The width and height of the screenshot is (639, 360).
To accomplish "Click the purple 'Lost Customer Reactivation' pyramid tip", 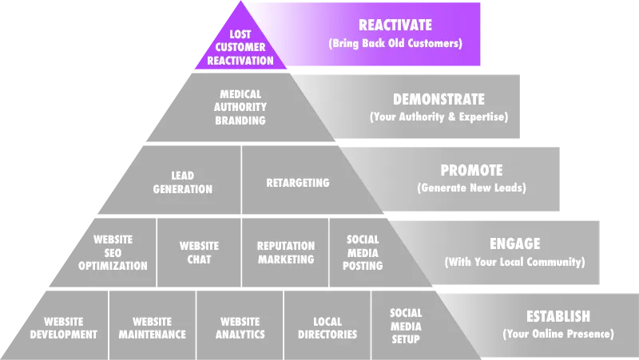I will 240,47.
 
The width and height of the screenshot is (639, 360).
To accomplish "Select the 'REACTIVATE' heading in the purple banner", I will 395,26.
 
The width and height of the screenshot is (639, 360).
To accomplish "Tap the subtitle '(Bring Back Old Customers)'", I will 395,43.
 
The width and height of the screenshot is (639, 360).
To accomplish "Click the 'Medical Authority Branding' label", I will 240,108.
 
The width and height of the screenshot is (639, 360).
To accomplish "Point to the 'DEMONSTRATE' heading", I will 439,100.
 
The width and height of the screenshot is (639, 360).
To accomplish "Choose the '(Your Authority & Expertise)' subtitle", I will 439,117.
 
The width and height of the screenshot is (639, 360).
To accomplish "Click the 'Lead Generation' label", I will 183,183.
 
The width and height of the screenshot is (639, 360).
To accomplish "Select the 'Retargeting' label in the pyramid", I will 297,183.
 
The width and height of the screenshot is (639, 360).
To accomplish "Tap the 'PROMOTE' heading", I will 471,171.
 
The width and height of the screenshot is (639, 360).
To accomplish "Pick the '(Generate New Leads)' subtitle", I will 471,188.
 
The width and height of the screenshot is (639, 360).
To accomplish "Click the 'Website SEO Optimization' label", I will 113,252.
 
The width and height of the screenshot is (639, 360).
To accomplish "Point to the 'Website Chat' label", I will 199,252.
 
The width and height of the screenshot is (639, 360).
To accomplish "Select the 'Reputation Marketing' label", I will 286,252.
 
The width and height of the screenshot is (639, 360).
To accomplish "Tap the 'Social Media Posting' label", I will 363,252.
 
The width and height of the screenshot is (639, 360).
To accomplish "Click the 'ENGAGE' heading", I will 514,244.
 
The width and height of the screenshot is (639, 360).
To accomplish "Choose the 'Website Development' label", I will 64,328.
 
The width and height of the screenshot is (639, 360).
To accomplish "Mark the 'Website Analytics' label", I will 240,328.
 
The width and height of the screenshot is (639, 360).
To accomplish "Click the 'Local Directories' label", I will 327,328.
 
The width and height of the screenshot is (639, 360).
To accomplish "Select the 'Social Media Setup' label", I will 406,326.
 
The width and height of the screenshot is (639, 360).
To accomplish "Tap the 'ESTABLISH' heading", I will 558,316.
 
